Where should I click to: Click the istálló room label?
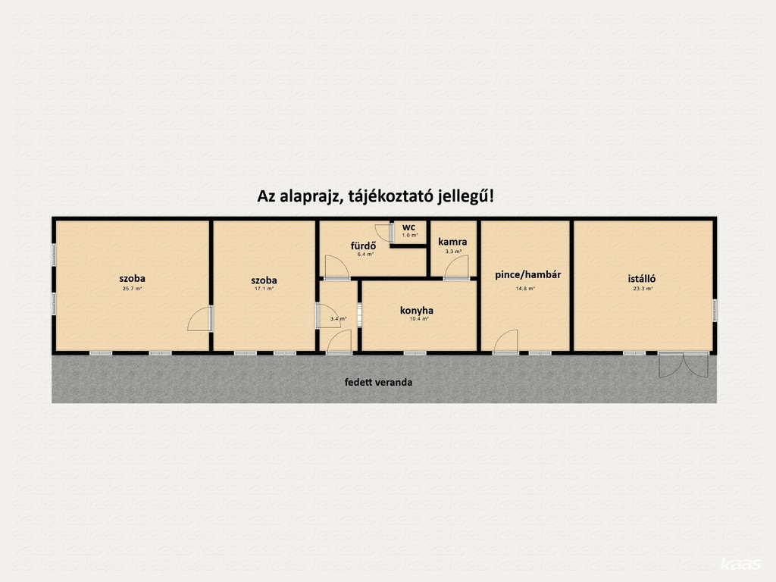click(x=642, y=279)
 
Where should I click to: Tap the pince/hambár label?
click(x=528, y=274)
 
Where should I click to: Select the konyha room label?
click(x=417, y=310)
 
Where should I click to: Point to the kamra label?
click(x=452, y=242)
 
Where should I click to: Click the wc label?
click(x=408, y=227)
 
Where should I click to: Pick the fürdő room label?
click(x=363, y=246)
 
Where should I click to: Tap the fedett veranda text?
click(x=379, y=382)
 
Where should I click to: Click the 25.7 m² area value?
click(x=132, y=289)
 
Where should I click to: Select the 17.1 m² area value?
click(x=264, y=289)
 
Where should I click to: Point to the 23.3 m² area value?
click(x=643, y=289)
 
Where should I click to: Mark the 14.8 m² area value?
click(x=526, y=289)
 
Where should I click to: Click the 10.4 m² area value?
click(x=419, y=319)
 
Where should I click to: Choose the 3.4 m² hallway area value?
click(x=339, y=319)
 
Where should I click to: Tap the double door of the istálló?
click(x=684, y=365)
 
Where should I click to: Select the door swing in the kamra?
click(x=456, y=268)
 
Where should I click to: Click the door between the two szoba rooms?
click(x=200, y=319)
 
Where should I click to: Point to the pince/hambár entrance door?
click(x=505, y=342)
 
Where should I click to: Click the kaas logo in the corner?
click(x=741, y=564)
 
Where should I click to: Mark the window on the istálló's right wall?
click(x=715, y=310)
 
